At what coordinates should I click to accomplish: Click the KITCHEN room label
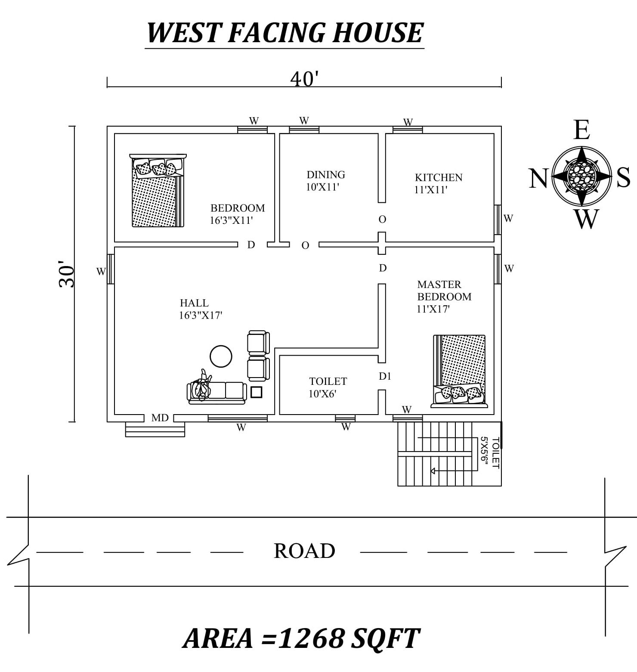click(438, 177)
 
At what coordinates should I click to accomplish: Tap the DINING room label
click(325, 175)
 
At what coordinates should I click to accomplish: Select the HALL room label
click(194, 303)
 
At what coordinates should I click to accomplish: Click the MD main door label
click(160, 418)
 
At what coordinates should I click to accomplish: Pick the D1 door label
click(385, 376)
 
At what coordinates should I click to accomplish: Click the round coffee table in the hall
click(221, 356)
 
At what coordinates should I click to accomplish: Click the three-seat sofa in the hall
click(217, 391)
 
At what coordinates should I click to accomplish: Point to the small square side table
click(256, 392)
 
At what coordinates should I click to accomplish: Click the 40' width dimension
click(304, 79)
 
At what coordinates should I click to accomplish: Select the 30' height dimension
click(67, 274)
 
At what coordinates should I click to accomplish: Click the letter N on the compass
click(538, 178)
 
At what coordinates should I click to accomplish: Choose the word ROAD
click(304, 551)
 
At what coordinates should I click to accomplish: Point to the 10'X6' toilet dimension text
click(322, 394)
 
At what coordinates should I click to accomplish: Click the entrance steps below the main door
click(155, 430)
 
